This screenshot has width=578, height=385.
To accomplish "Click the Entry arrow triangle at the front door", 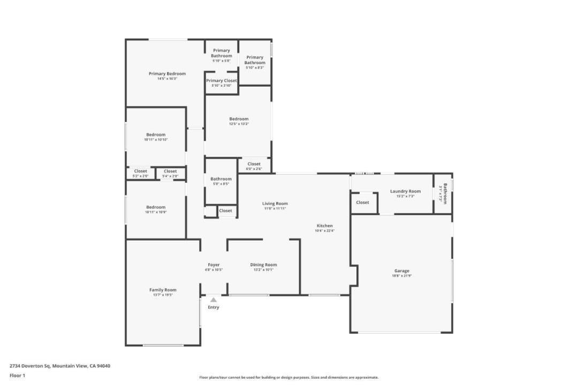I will tap(213, 301).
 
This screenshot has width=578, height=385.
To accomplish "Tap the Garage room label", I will tap(402, 271).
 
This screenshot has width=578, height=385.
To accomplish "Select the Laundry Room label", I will tap(405, 191).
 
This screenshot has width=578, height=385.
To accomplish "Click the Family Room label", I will tap(163, 290).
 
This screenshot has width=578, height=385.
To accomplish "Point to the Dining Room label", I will tap(263, 265).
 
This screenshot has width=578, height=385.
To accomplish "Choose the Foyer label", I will tap(214, 265).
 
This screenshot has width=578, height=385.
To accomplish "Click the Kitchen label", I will tap(324, 226).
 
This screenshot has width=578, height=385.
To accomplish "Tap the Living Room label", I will tap(275, 204).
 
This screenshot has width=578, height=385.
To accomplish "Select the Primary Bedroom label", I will tap(167, 74).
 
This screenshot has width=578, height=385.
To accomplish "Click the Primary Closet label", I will tap(222, 81).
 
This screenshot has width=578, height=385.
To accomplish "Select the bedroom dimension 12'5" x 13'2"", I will tap(239, 124).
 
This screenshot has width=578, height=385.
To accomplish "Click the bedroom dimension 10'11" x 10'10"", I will tap(156, 140).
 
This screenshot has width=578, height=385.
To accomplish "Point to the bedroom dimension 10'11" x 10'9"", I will tap(156, 212).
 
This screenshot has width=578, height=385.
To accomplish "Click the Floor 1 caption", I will tap(17, 376).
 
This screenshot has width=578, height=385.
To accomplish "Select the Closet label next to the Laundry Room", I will tap(362, 203).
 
